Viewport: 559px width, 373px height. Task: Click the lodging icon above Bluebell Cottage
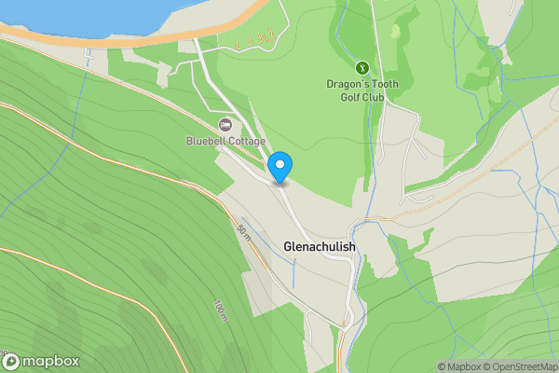click(225, 124)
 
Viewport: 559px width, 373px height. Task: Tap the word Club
click(375, 95)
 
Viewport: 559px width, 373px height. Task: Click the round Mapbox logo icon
click(11, 362)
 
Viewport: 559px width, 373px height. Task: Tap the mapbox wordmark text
click(50, 362)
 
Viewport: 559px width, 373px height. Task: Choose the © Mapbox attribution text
click(462, 366)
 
